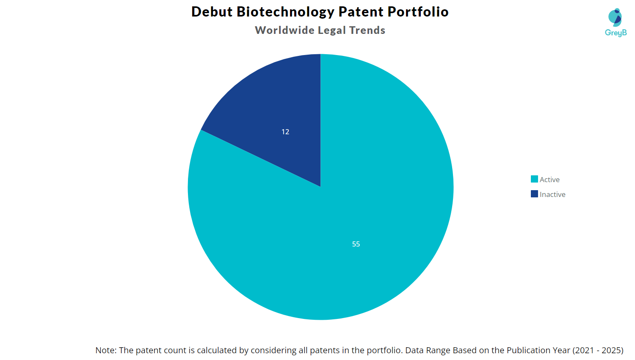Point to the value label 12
[x=285, y=132]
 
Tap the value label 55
[x=356, y=244]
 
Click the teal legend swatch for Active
[x=534, y=179]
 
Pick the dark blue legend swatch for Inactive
[x=534, y=194]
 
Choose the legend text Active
[x=549, y=180]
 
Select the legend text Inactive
[x=552, y=194]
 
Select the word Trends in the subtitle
[x=367, y=30]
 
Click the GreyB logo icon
[x=615, y=17]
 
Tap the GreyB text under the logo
[x=616, y=33]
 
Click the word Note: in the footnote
[x=106, y=350]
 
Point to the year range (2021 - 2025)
[x=598, y=350]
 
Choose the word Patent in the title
[x=361, y=12]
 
